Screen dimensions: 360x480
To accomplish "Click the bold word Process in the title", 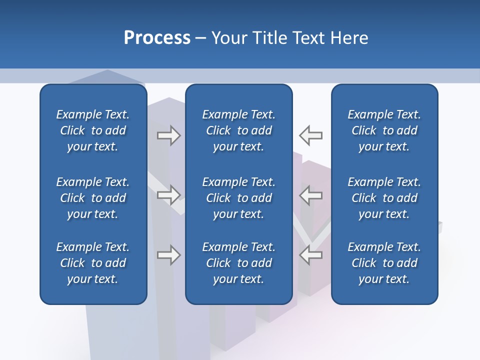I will pos(157,38).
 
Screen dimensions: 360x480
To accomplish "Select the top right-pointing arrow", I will pos(168,135).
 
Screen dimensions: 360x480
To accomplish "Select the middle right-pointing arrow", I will pos(168,194).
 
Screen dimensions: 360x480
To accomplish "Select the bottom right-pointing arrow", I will pos(168,255).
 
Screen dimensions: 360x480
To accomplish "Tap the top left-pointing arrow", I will pos(311,135).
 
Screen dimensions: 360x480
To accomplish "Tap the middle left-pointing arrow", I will pos(311,194).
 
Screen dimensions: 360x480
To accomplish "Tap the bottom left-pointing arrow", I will pos(311,255).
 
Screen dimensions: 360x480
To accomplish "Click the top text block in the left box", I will pos(93,130).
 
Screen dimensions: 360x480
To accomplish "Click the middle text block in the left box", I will pos(93,198).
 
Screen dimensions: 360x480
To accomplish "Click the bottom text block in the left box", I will pos(93,263).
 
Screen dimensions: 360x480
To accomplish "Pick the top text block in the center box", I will pos(239,130).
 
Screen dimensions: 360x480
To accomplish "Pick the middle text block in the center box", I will pos(239,198).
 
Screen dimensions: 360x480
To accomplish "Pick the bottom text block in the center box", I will pos(239,263).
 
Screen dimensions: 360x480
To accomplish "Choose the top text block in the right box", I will pos(384,130).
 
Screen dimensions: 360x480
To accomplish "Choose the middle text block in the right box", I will pos(384,198).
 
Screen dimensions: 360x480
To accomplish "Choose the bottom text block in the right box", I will pos(384,263).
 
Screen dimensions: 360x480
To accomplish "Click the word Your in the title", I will pos(227,38).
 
